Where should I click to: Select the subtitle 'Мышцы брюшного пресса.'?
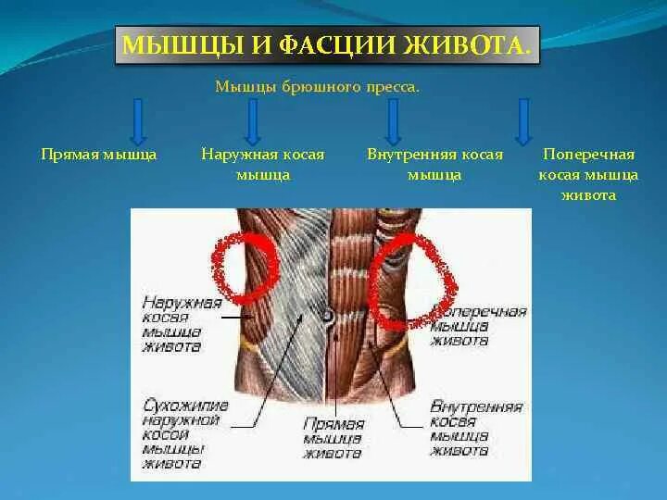tap(317, 88)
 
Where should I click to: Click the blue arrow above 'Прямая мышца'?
tap(138, 119)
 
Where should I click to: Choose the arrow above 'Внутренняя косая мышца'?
tap(393, 119)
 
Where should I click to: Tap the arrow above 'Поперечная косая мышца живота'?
tap(522, 119)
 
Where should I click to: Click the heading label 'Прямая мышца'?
tap(99, 155)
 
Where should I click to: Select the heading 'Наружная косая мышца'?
tap(263, 164)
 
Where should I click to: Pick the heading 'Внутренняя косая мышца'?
tap(434, 164)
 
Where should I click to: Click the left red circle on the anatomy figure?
tap(245, 267)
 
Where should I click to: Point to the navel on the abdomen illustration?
tap(327, 318)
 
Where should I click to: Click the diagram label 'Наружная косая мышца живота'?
tap(183, 324)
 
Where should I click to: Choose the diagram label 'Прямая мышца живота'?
tap(333, 438)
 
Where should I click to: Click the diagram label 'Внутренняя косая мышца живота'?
tap(476, 428)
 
